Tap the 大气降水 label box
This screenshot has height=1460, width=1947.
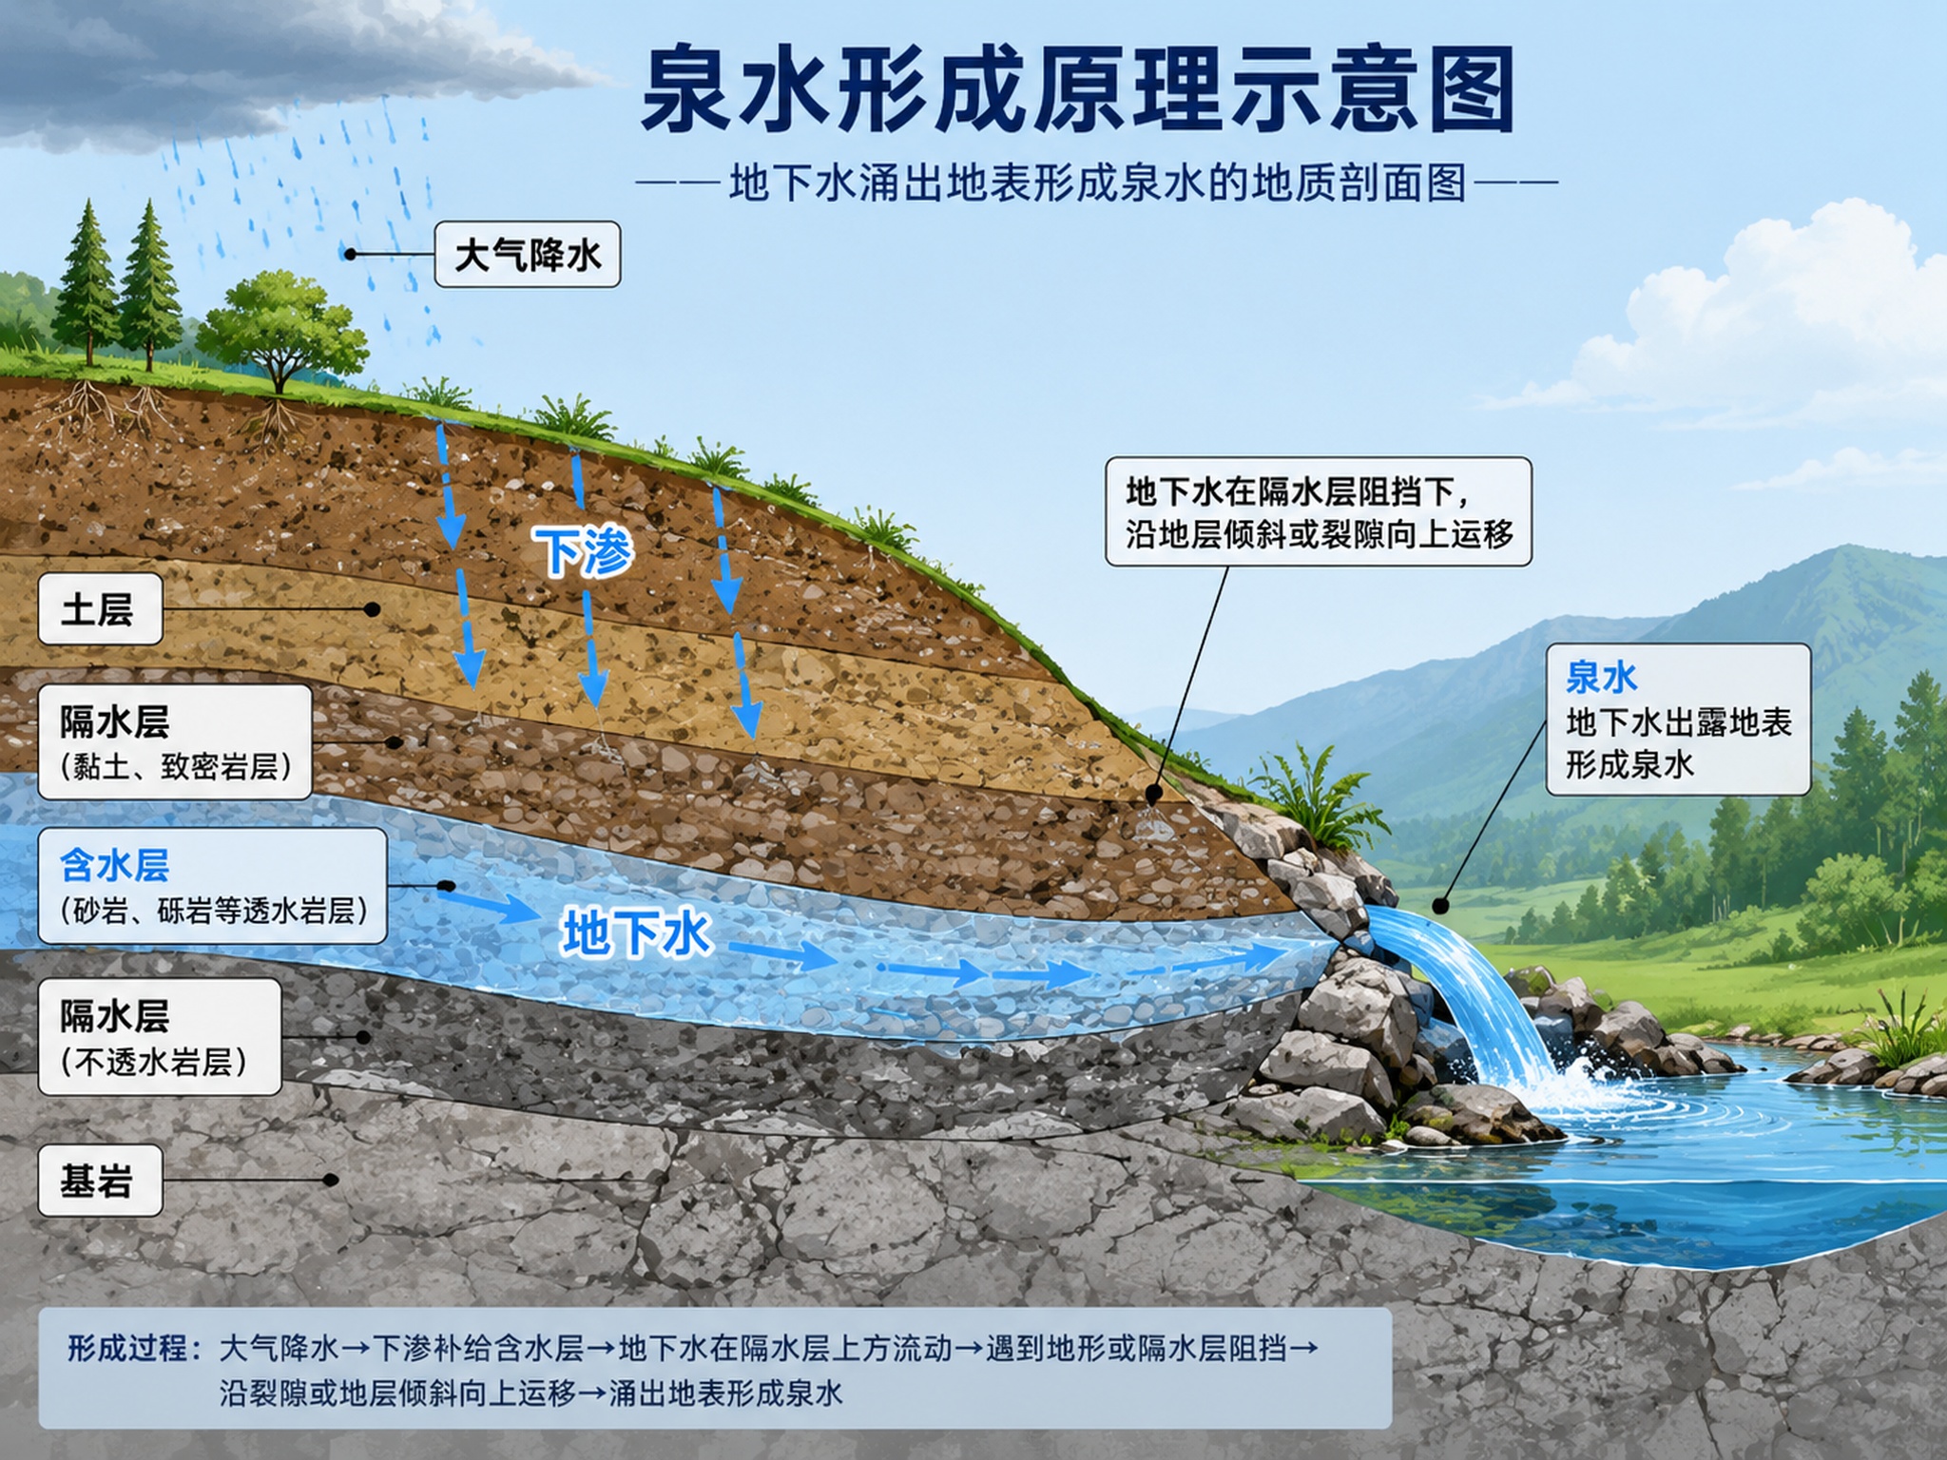click(x=528, y=255)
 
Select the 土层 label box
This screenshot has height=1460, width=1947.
click(x=100, y=609)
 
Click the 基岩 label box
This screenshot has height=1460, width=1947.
click(x=100, y=1181)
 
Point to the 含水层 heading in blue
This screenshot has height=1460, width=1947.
click(x=114, y=865)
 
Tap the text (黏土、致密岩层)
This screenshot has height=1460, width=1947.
click(x=175, y=765)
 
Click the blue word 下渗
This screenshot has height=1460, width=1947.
click(x=583, y=551)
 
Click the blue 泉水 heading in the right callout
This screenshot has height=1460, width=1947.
click(x=1601, y=678)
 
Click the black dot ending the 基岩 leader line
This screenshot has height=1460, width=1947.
click(x=330, y=1181)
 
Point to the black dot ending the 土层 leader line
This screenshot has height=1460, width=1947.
click(x=373, y=609)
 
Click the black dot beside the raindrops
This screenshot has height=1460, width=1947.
click(x=350, y=255)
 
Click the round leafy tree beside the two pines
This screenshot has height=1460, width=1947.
click(x=280, y=328)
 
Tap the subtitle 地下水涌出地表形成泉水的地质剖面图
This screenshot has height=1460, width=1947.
click(x=1098, y=182)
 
